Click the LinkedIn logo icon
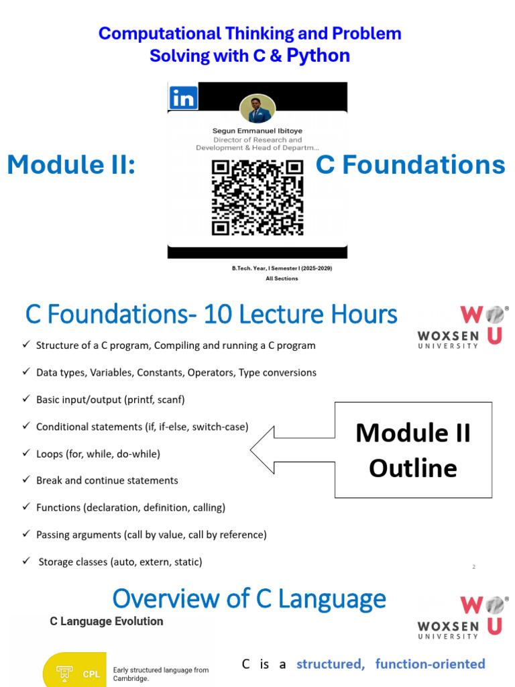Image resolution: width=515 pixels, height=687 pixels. click(x=184, y=97)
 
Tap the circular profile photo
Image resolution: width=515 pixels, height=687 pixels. click(x=257, y=108)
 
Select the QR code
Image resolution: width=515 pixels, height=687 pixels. click(x=257, y=198)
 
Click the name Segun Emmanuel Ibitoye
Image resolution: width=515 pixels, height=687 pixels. click(x=257, y=131)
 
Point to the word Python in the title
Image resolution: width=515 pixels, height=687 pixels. click(x=319, y=56)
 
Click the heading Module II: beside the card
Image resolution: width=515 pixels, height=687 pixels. click(x=71, y=165)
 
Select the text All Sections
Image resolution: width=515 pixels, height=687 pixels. click(x=282, y=278)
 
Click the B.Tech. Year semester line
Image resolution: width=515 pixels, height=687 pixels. click(x=282, y=268)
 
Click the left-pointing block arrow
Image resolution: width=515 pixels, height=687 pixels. click(x=292, y=450)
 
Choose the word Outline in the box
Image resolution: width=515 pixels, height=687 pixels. click(x=413, y=468)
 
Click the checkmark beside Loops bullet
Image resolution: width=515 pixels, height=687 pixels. click(x=26, y=453)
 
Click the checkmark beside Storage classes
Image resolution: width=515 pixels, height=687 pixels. click(x=26, y=560)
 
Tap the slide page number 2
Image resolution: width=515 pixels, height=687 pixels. click(x=474, y=567)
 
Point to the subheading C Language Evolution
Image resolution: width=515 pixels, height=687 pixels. click(x=107, y=621)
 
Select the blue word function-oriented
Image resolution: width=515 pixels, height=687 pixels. click(x=430, y=664)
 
